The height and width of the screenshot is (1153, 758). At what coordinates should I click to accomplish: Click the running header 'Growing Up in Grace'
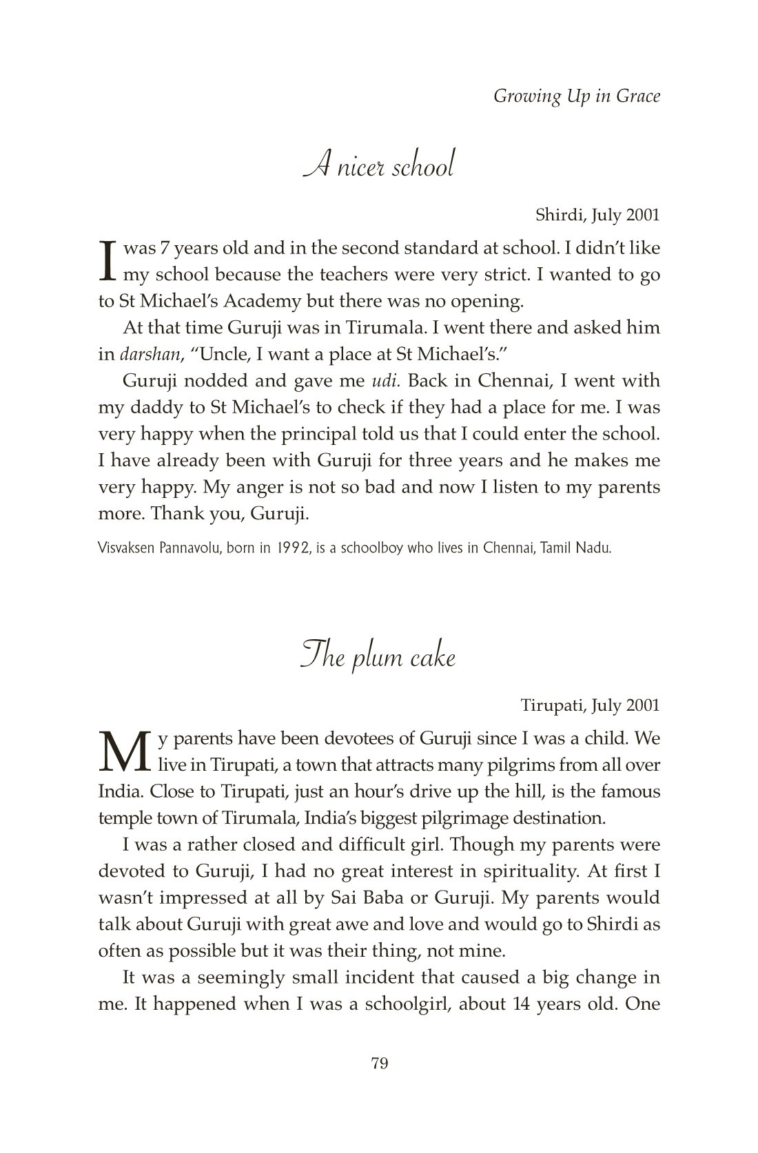(576, 96)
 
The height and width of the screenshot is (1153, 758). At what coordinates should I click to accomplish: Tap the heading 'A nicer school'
(378, 167)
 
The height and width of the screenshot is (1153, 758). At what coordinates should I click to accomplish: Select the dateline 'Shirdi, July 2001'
(597, 215)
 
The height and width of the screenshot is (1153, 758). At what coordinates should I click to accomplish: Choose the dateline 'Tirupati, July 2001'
(590, 705)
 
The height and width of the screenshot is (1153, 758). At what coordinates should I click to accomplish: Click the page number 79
(380, 1063)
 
